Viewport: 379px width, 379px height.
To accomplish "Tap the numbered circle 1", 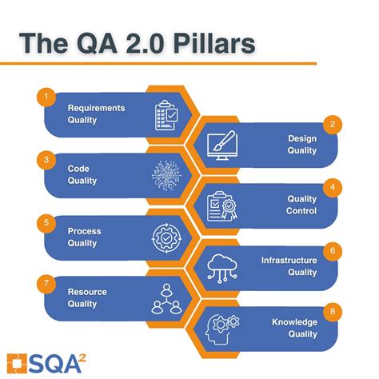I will (47, 98).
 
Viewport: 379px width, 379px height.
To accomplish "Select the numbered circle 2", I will (329, 124).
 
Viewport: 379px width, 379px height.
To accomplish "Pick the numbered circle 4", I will (329, 187).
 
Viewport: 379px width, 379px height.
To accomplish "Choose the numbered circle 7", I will (47, 281).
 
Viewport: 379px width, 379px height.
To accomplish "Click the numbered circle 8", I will (329, 310).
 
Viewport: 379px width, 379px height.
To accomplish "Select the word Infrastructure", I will (289, 260).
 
